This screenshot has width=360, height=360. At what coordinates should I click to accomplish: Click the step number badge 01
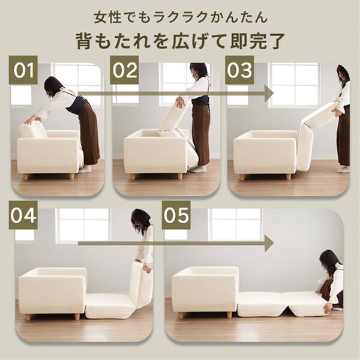click(24, 70)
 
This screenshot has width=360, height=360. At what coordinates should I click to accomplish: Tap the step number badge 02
click(125, 70)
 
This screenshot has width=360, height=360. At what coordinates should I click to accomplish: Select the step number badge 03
click(239, 70)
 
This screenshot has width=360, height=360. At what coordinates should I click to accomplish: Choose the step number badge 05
click(176, 215)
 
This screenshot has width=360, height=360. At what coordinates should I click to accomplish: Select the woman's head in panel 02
click(199, 71)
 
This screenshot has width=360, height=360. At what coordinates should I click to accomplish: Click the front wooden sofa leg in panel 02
click(133, 176)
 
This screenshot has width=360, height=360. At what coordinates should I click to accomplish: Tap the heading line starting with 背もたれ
click(180, 40)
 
